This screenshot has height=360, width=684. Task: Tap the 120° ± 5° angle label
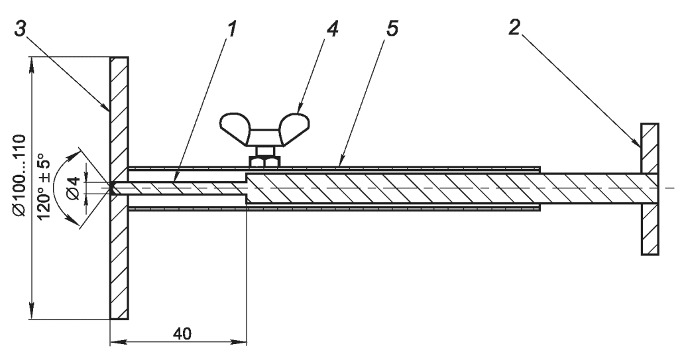[45, 186]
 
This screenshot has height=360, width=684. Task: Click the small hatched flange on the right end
[650, 189]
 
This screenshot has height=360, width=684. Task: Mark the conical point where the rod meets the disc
[115, 189]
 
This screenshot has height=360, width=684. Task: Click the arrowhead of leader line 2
[639, 145]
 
